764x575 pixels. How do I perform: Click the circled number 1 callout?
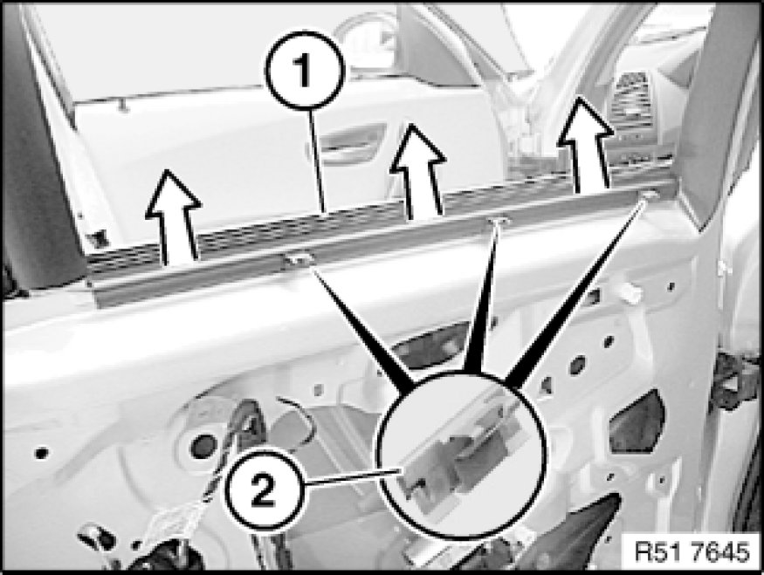pos(305,70)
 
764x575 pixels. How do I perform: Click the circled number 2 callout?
pos(265,489)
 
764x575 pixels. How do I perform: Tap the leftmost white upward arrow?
pos(174,217)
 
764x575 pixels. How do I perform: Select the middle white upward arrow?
pos(418,171)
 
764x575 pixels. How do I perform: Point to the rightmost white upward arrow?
pos(585,144)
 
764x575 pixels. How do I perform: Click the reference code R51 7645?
pos(692,552)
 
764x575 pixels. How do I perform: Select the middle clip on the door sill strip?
pos(498,222)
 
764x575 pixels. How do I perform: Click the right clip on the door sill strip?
pos(649,195)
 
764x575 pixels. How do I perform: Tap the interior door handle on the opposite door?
pos(347,144)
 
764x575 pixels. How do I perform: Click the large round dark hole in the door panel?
pos(204,445)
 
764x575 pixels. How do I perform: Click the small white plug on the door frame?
pos(630,293)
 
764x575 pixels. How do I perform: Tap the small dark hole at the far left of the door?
pos(42,453)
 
